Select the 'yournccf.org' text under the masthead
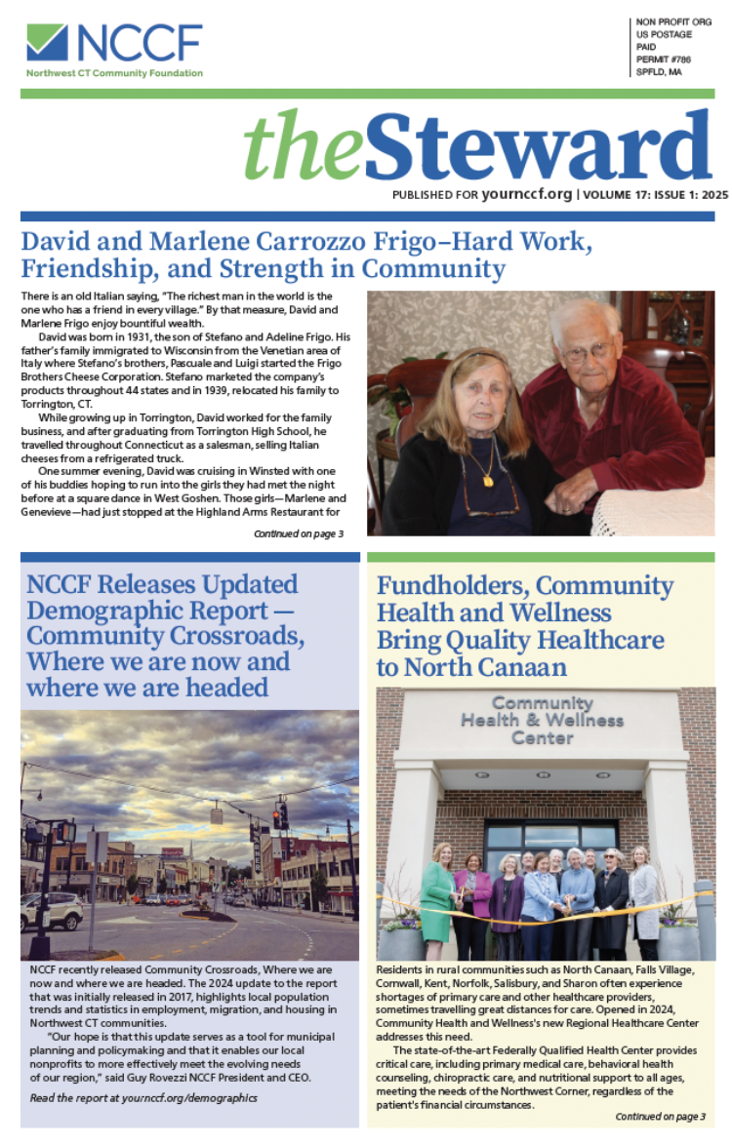(x=527, y=194)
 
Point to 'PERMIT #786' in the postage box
(x=661, y=59)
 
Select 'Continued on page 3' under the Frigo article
(x=298, y=533)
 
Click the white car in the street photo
(x=51, y=911)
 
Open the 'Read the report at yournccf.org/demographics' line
(x=142, y=1097)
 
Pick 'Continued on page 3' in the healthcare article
(x=661, y=1116)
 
